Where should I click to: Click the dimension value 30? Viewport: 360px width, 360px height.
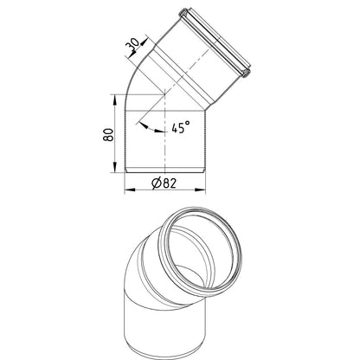(x=132, y=45)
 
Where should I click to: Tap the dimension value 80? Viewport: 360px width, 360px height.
(x=108, y=134)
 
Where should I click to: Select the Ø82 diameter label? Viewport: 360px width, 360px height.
(x=164, y=183)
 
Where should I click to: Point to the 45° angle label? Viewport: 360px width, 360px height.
(x=181, y=127)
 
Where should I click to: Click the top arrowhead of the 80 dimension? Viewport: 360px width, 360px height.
(x=115, y=100)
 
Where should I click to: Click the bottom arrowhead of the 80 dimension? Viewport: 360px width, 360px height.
(x=115, y=167)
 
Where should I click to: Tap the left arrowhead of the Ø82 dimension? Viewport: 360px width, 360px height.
(x=130, y=190)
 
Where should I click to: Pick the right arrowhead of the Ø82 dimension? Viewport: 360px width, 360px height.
(x=200, y=190)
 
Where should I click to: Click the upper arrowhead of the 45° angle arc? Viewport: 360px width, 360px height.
(x=143, y=125)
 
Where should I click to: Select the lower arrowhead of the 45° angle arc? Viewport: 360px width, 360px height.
(x=159, y=132)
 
